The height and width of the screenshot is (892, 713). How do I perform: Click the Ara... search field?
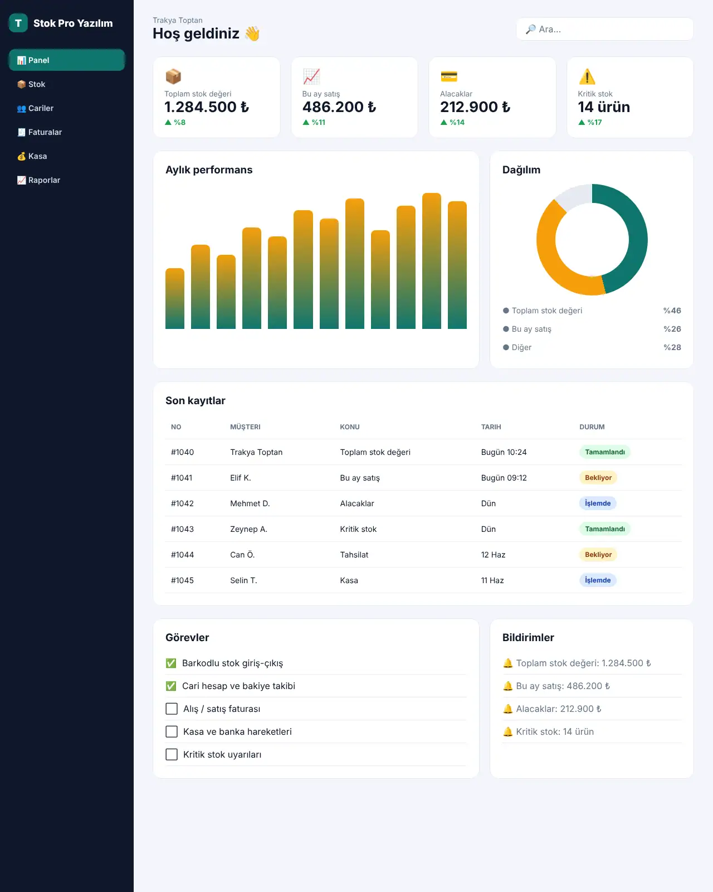604,29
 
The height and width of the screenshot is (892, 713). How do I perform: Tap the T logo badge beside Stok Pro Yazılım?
18,23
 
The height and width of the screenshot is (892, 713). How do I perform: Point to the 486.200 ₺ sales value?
339,107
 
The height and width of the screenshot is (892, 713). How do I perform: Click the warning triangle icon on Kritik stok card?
587,77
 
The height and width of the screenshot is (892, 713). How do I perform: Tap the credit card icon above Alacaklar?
448,77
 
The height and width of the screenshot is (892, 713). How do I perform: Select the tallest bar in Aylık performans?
431,261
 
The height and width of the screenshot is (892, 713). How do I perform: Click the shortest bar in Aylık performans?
175,298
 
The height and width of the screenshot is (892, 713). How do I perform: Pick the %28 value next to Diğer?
672,347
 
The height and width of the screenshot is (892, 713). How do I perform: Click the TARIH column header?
491,427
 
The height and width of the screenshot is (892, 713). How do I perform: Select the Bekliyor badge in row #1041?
598,478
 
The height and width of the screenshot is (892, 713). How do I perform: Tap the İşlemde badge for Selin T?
597,580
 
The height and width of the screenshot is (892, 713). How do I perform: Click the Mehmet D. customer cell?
250,503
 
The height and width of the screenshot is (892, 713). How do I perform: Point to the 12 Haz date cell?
493,555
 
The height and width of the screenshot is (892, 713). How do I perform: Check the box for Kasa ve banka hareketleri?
172,731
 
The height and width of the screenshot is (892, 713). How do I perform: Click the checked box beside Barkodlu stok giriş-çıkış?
171,663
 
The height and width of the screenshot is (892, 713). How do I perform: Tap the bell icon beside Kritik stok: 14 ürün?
507,731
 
